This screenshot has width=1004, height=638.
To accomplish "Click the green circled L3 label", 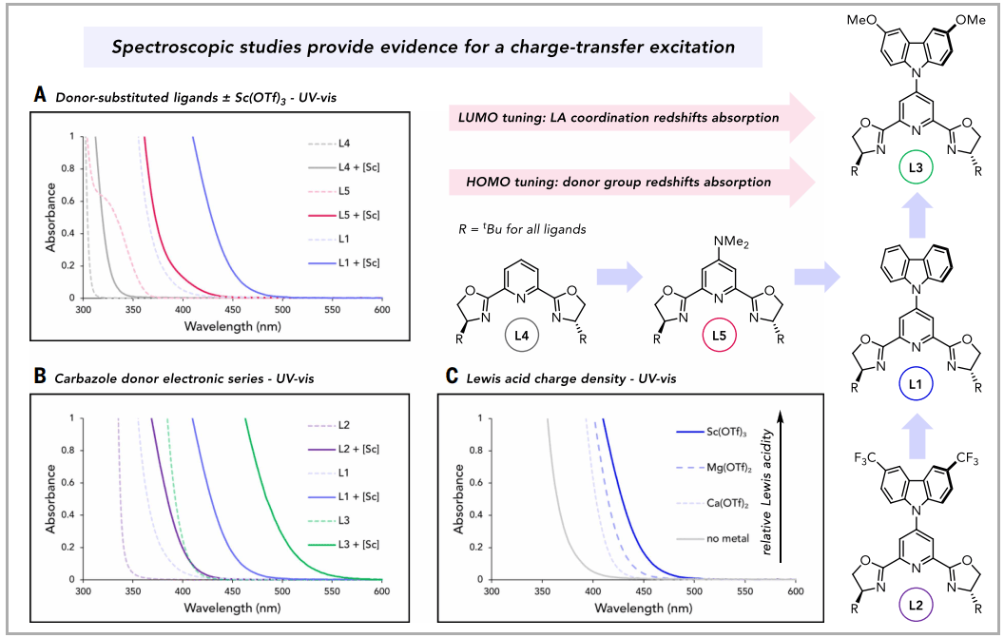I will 913,170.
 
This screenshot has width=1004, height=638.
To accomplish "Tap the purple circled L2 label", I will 913,605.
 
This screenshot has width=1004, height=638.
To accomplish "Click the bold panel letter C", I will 452,377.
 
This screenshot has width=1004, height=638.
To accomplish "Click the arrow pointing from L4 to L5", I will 623,277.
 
